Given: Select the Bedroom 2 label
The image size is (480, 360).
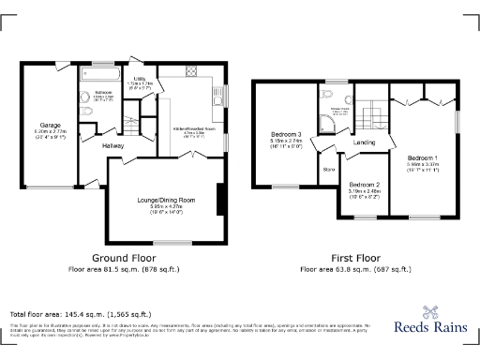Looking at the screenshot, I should click(x=362, y=185).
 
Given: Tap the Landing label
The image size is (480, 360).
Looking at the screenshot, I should click(x=364, y=142).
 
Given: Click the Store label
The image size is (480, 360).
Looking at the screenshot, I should click(x=328, y=170).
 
